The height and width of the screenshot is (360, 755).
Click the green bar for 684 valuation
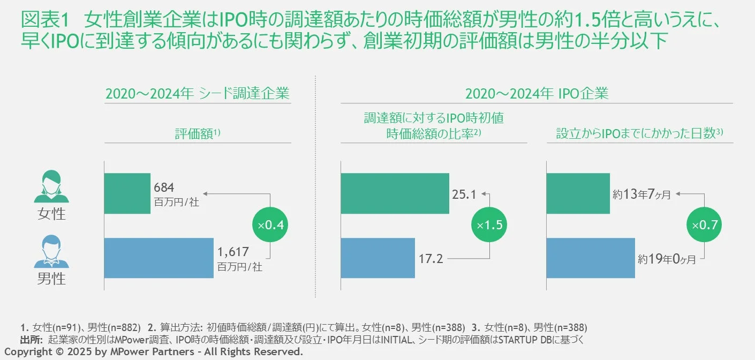(x=127, y=193)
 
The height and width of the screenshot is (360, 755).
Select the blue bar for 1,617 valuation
(x=159, y=258)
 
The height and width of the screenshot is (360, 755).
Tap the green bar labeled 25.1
(x=395, y=193)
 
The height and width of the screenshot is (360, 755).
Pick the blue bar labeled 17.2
(x=378, y=258)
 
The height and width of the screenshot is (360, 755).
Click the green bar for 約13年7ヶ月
(x=578, y=193)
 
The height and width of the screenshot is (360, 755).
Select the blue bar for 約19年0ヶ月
(x=590, y=258)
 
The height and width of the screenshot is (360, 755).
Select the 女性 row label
(x=51, y=214)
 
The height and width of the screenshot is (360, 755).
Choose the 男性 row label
(x=51, y=279)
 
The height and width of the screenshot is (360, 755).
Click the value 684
(x=164, y=187)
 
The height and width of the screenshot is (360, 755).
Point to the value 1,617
(x=233, y=252)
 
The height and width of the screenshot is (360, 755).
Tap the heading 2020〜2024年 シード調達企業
(x=198, y=94)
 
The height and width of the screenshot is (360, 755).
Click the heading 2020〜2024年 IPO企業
(x=537, y=94)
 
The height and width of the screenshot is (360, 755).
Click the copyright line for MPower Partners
(x=154, y=352)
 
